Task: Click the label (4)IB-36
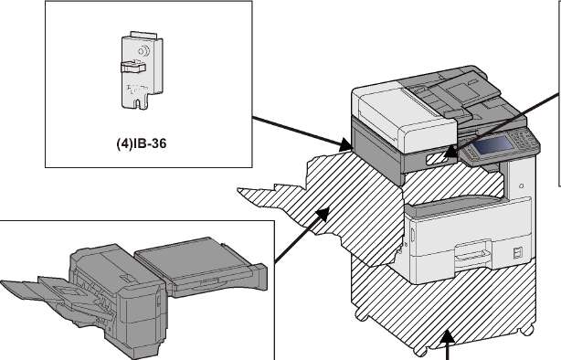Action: point(142,143)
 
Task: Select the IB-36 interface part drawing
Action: point(142,70)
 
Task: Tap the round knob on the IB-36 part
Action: point(144,51)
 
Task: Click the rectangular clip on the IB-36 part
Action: point(132,67)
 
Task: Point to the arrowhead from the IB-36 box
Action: point(346,144)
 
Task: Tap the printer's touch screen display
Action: point(494,145)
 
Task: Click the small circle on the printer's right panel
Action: point(522,186)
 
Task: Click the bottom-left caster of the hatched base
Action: point(361,315)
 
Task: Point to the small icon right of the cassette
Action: point(517,253)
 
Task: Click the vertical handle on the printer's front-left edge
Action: point(411,235)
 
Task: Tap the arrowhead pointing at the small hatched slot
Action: point(450,152)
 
